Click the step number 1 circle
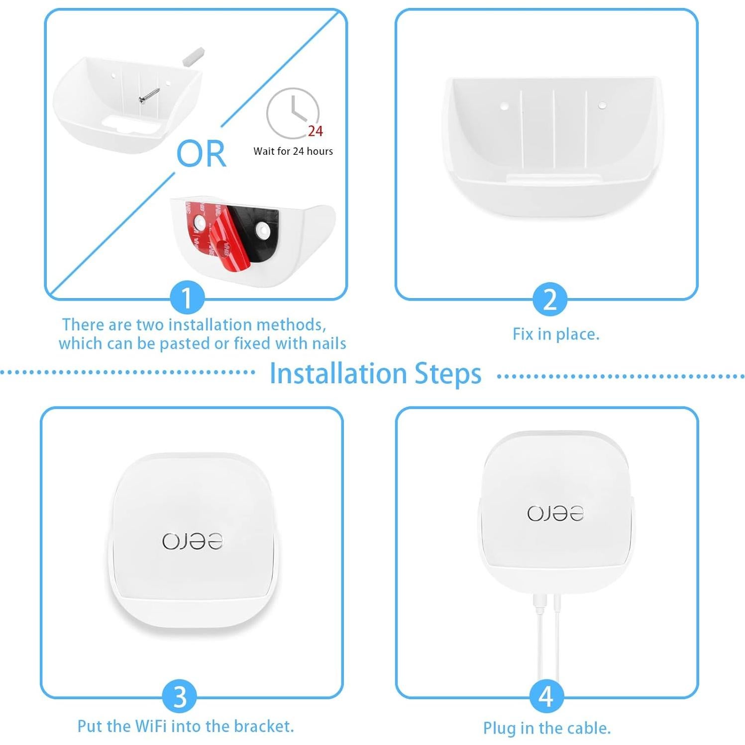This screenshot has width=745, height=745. [x=187, y=298]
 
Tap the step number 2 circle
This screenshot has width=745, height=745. [x=549, y=299]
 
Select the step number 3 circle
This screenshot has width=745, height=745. [x=180, y=697]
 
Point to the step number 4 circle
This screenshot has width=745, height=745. [x=546, y=697]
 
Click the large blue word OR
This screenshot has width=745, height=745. [x=201, y=154]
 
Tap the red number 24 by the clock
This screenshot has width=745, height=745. [x=315, y=131]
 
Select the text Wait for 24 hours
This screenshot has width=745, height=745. [x=293, y=151]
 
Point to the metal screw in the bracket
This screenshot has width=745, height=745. [x=149, y=96]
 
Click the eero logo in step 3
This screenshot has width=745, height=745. [x=192, y=541]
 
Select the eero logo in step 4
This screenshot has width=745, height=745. [x=555, y=513]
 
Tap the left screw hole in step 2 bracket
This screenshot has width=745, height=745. [x=504, y=106]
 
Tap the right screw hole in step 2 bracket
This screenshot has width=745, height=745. [x=602, y=106]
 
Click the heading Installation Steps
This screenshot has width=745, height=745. [x=375, y=374]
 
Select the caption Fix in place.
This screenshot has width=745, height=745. [x=556, y=334]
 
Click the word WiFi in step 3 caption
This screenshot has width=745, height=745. [x=148, y=726]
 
